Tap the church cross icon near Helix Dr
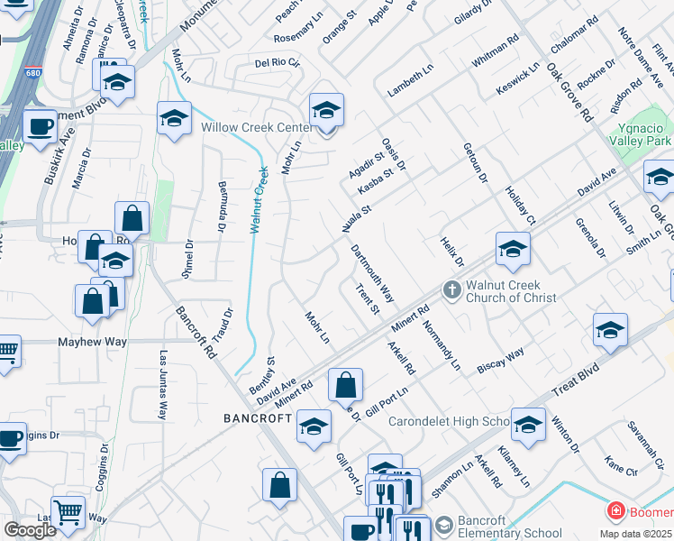[451, 290]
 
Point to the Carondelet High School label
[450, 421]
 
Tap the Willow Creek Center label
[256, 127]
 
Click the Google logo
[30, 530]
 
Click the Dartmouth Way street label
[373, 273]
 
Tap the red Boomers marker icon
[616, 512]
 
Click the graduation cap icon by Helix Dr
[512, 249]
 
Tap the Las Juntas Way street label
[164, 385]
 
